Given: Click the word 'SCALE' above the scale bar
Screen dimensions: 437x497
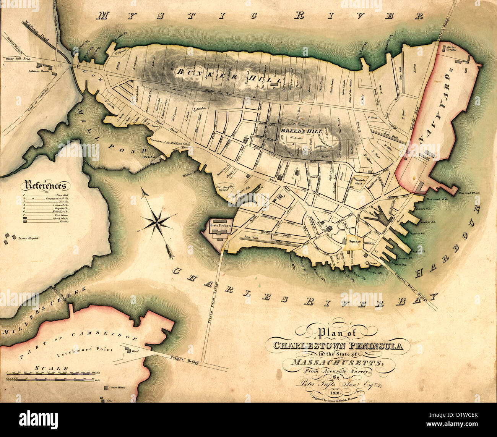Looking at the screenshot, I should (52, 368).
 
